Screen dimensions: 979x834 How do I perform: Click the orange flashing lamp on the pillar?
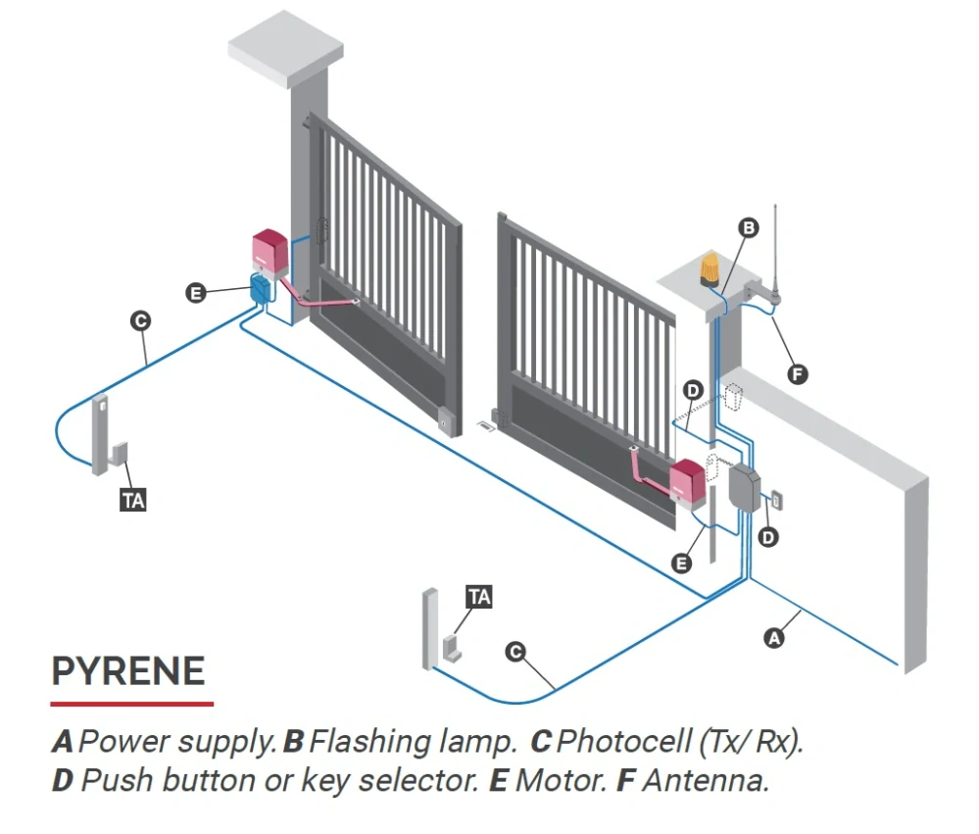pyautogui.click(x=710, y=270)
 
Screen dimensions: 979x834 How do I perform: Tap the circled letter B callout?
pyautogui.click(x=748, y=227)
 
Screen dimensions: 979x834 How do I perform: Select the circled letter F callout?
pyautogui.click(x=798, y=374)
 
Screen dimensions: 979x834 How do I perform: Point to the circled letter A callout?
pyautogui.click(x=774, y=638)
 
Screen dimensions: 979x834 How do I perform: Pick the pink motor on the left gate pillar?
pyautogui.click(x=270, y=254)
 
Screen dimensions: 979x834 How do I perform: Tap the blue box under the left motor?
pyautogui.click(x=261, y=290)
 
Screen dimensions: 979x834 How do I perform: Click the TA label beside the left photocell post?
pyautogui.click(x=133, y=501)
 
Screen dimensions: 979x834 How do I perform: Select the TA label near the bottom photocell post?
pyautogui.click(x=479, y=597)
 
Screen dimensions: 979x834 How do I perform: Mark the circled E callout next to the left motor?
pyautogui.click(x=195, y=292)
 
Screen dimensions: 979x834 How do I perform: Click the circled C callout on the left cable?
pyautogui.click(x=140, y=320)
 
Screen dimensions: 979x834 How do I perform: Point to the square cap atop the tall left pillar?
pyautogui.click(x=285, y=49)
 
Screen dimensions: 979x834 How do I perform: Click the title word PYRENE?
pyautogui.click(x=128, y=671)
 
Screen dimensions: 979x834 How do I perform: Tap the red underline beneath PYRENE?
pyautogui.click(x=132, y=705)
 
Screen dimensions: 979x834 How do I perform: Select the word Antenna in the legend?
pyautogui.click(x=706, y=780)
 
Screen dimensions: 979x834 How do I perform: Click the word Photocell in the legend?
pyautogui.click(x=623, y=742)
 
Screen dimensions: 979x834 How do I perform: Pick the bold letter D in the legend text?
pyautogui.click(x=63, y=780)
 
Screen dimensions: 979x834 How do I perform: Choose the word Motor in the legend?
pyautogui.click(x=562, y=780)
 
